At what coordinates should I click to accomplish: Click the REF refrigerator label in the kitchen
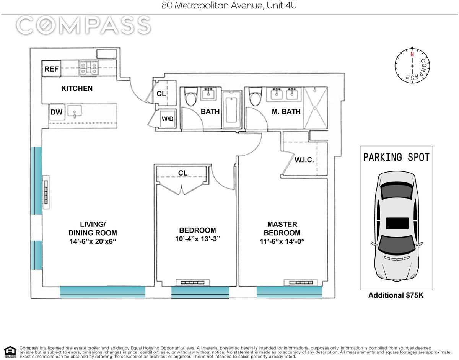(x=51, y=69)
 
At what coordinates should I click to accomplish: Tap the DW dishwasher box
(x=57, y=112)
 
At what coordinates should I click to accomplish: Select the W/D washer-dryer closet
(x=168, y=119)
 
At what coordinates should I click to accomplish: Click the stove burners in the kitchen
(x=89, y=68)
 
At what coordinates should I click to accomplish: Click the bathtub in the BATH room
(x=231, y=109)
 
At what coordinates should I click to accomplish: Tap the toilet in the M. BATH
(x=255, y=97)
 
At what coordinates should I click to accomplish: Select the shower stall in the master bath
(x=316, y=108)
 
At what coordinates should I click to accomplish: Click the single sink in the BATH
(x=208, y=94)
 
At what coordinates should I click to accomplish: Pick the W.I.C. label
(x=304, y=160)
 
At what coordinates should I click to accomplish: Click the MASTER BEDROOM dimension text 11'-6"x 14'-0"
(x=282, y=241)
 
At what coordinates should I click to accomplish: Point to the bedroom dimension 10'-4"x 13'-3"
(x=197, y=239)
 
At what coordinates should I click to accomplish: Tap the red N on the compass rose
(x=412, y=54)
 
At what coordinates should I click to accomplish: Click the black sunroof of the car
(x=397, y=223)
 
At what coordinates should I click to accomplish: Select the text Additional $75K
(x=396, y=295)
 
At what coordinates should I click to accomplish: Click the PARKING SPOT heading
(x=397, y=157)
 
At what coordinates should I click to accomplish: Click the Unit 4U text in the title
(x=282, y=5)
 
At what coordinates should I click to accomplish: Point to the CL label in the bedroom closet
(x=183, y=173)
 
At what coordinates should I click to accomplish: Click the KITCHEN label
(x=77, y=88)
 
